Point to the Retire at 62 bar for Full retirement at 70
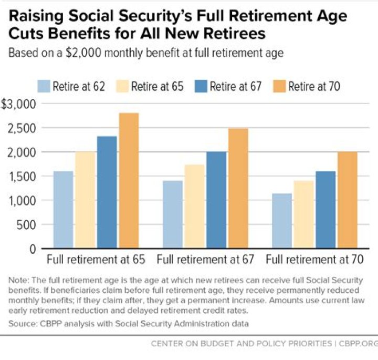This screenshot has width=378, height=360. click(282, 221)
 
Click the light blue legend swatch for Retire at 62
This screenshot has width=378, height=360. click(44, 86)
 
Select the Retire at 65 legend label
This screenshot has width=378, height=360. click(157, 86)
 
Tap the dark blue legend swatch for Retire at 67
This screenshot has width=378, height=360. click(201, 86)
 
